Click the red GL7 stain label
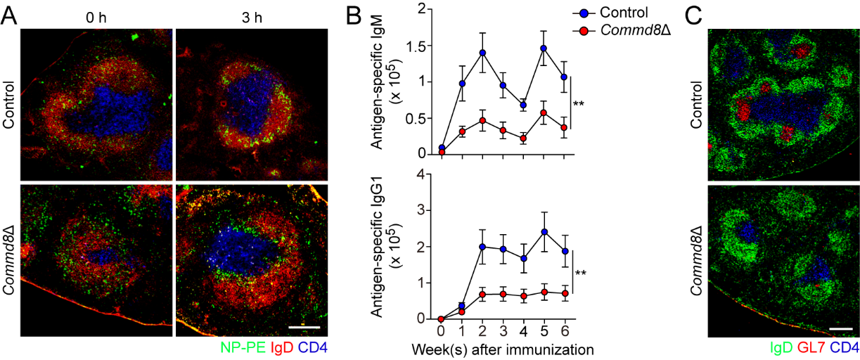pos(811,347)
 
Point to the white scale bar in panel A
pos(304,328)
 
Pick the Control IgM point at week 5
pos(543,49)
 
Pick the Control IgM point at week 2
pos(482,53)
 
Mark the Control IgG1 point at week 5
pos(543,232)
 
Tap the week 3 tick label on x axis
pos(502,330)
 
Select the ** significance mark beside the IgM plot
pos(579,104)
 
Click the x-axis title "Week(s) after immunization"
pos(503,348)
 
